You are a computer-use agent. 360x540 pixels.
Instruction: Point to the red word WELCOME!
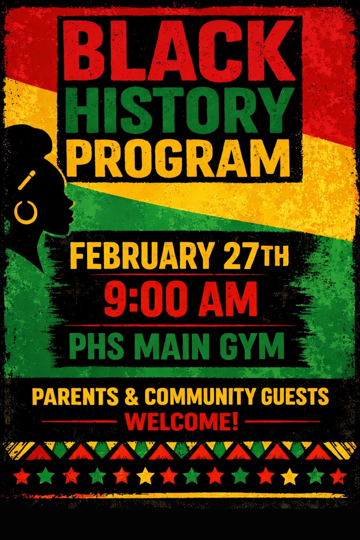181,421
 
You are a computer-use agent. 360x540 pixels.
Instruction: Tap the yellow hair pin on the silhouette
26,180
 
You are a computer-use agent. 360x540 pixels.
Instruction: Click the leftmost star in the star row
22,476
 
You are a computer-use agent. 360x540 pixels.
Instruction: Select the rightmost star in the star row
338,476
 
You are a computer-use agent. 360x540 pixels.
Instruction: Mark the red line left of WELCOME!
79,421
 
